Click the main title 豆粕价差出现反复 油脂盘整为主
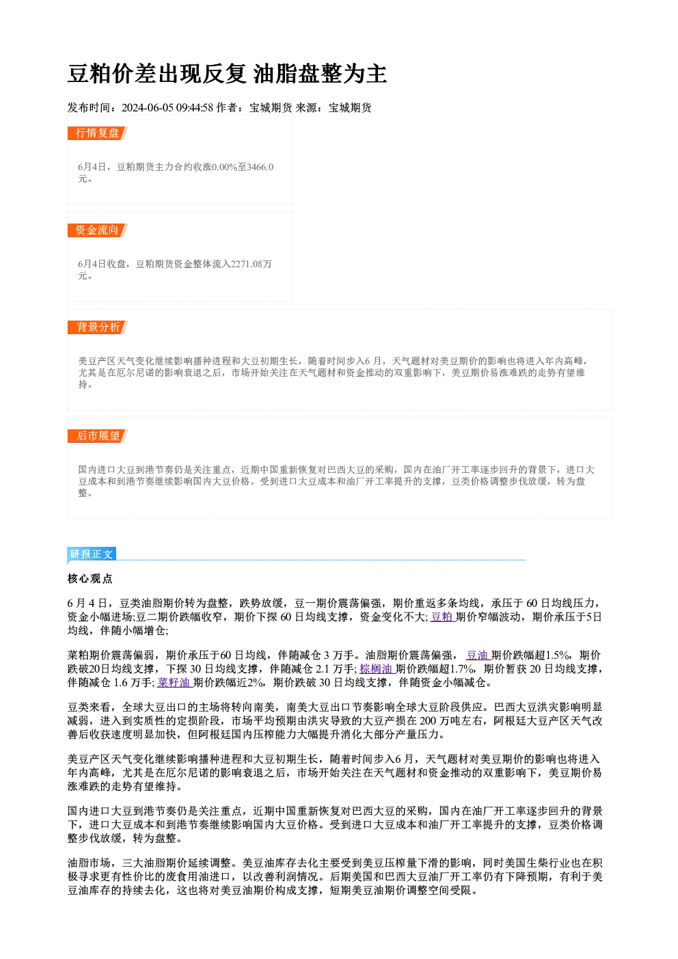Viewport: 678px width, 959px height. click(228, 74)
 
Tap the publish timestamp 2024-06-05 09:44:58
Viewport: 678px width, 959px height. click(167, 108)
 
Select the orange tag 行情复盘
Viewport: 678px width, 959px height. click(98, 133)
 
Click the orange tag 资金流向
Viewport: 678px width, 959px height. click(98, 230)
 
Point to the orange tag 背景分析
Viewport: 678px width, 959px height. click(98, 327)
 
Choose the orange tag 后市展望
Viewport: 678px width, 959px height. click(98, 436)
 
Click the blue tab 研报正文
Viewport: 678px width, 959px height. click(92, 554)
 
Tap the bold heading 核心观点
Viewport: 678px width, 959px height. click(90, 579)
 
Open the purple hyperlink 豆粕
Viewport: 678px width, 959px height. click(442, 617)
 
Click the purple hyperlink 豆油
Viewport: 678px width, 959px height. click(478, 656)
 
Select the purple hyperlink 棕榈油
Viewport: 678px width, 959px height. click(376, 669)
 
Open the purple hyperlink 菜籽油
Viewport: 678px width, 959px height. click(174, 683)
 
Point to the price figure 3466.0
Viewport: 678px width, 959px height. click(260, 167)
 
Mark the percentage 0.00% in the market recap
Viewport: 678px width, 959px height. click(224, 167)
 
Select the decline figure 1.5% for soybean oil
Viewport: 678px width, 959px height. click(558, 656)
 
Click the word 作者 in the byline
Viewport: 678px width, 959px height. click(227, 108)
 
